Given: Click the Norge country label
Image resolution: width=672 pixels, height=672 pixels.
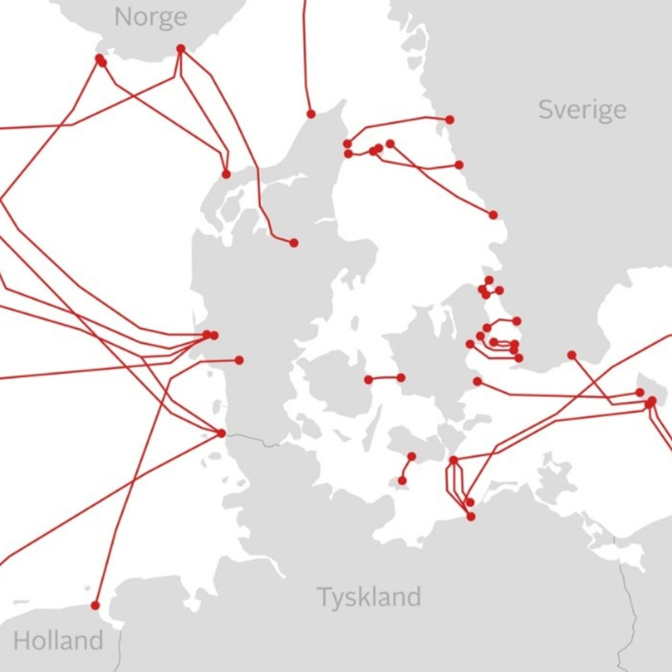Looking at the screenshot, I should [x=151, y=17].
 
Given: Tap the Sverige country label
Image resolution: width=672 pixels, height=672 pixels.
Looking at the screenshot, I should [x=582, y=110].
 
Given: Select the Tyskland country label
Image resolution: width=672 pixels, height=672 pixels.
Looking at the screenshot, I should [x=369, y=597].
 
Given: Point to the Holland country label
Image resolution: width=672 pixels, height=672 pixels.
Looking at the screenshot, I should [x=58, y=640].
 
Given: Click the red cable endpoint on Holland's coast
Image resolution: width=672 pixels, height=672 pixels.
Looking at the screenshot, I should [x=95, y=605].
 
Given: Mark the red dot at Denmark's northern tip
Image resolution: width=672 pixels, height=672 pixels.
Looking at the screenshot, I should [x=311, y=114].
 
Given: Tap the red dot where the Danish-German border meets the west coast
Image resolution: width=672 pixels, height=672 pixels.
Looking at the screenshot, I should [x=222, y=433].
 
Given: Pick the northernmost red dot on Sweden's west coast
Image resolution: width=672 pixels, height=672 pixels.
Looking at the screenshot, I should [x=450, y=119].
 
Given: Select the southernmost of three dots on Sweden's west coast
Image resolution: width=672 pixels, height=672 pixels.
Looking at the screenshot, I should [x=493, y=215].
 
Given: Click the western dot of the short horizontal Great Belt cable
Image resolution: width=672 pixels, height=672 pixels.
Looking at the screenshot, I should [x=368, y=380].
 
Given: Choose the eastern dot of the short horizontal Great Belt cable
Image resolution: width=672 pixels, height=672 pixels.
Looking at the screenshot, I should [x=401, y=378].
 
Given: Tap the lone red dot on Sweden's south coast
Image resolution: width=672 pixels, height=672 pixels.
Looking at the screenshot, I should [x=571, y=355].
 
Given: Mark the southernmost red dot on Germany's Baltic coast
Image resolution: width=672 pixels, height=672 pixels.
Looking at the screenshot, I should [x=471, y=516].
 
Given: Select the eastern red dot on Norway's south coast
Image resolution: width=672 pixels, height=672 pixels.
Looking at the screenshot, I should [x=180, y=49].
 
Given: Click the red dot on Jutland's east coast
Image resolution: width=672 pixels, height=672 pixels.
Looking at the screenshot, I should [x=294, y=243].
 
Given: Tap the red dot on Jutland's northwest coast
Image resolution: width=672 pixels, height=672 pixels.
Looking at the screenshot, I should [x=226, y=174].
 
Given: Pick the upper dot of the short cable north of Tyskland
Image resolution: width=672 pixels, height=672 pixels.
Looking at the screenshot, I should [x=411, y=457].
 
